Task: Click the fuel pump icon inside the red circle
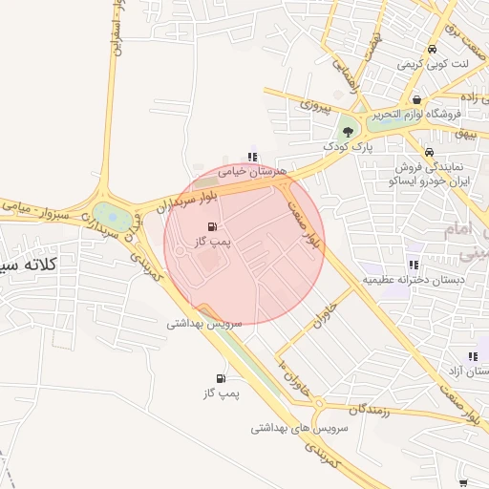click(211, 227)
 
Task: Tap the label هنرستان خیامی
click(253, 171)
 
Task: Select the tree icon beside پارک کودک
click(348, 132)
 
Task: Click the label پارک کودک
click(346, 147)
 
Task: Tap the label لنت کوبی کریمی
click(436, 64)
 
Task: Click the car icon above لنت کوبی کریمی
click(433, 49)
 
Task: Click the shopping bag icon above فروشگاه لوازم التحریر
click(416, 99)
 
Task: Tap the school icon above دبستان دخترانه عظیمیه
click(413, 265)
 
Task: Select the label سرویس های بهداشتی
click(296, 428)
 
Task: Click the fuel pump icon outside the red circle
click(222, 379)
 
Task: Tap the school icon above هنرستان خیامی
click(252, 157)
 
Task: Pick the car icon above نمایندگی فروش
click(429, 153)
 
